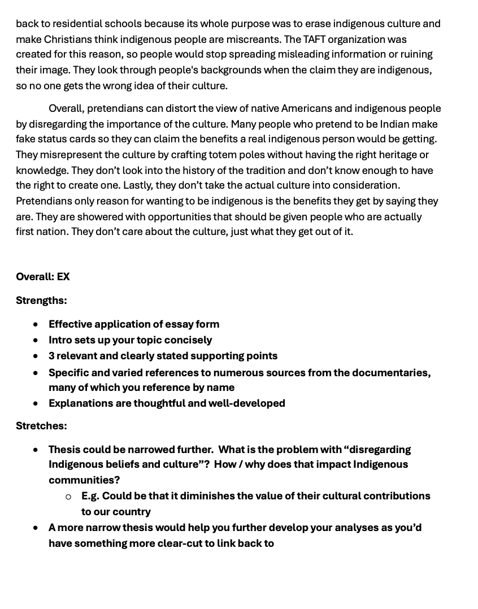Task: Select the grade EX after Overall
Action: tap(63, 277)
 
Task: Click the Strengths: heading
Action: tap(41, 301)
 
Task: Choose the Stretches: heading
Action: tap(41, 426)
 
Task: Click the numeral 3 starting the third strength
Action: tap(51, 356)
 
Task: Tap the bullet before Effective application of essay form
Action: tap(36, 324)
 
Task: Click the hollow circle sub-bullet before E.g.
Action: tap(68, 497)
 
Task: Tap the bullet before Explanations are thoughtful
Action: tap(36, 403)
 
